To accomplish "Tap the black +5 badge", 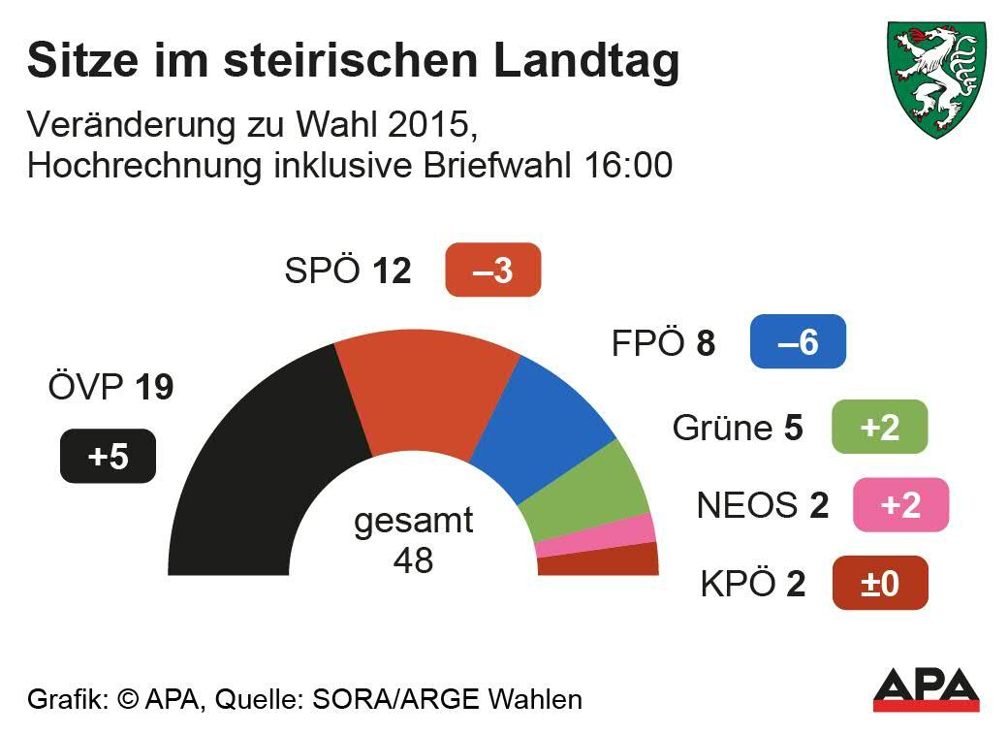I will click(x=108, y=456).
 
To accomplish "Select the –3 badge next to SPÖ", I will click(x=492, y=270).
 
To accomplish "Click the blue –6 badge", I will click(x=798, y=342).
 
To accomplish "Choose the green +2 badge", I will click(x=879, y=427).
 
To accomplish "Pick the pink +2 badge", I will click(x=900, y=505).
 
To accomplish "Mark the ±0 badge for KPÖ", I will click(x=879, y=583).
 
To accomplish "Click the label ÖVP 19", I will click(x=110, y=388).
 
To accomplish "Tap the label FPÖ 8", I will click(x=663, y=343).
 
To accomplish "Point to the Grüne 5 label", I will click(x=738, y=428).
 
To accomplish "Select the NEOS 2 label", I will click(x=763, y=505).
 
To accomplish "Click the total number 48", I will click(x=413, y=559).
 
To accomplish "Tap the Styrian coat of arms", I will click(x=936, y=78).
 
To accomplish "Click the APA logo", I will click(x=926, y=689).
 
